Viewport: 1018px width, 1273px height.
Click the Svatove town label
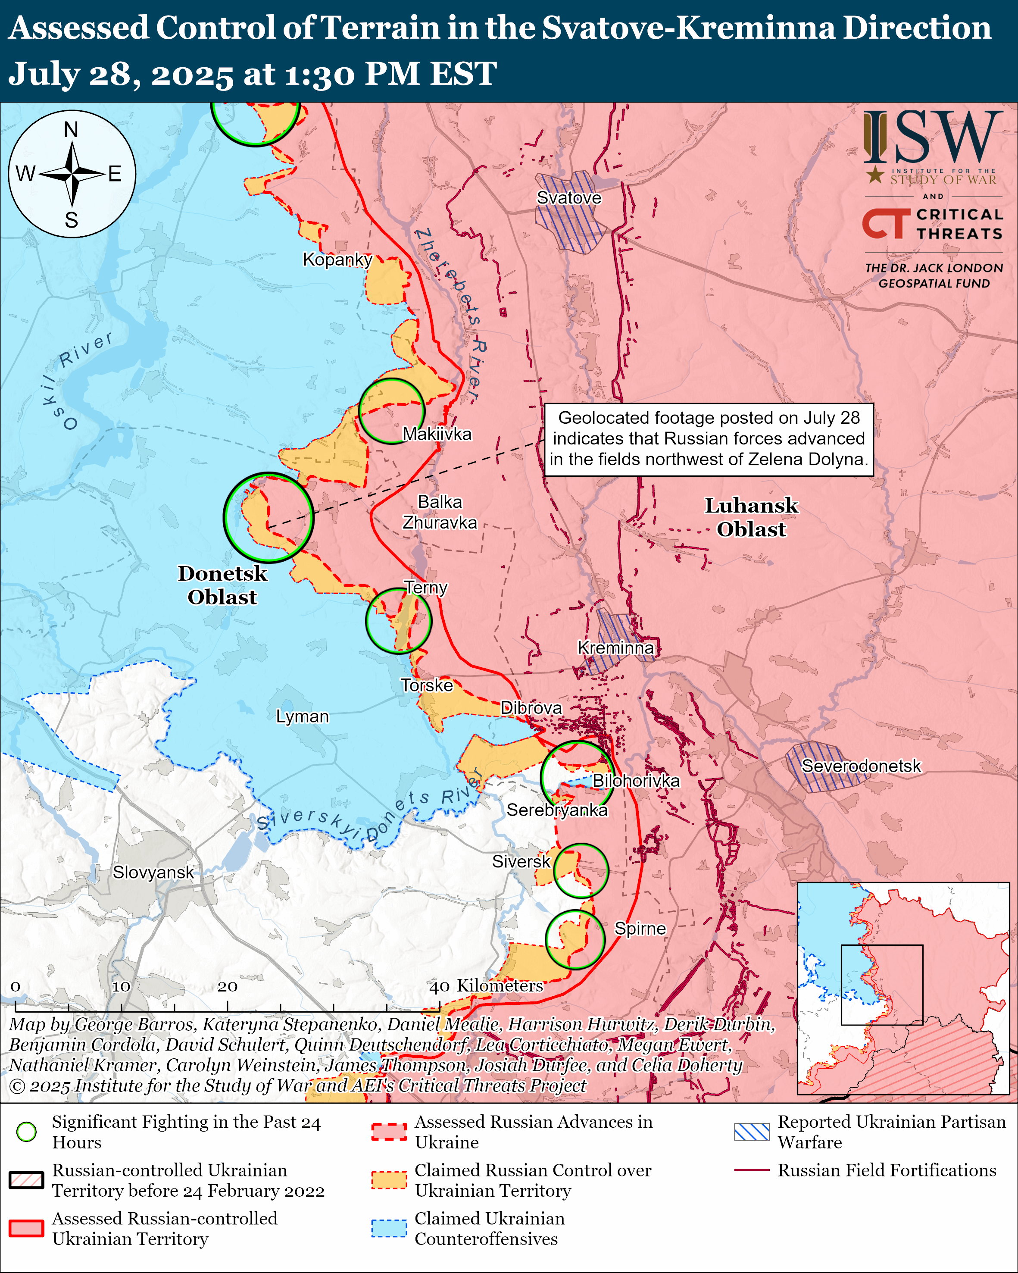coord(568,198)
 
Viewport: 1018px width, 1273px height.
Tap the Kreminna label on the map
coord(615,648)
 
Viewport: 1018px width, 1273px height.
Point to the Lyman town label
coord(302,716)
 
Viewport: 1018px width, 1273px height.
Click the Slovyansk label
coord(153,872)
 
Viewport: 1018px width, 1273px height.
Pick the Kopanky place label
coord(337,259)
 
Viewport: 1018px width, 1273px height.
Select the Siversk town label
coord(521,861)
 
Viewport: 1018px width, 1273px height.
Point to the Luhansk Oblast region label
coord(751,517)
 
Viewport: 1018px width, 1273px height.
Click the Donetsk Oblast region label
coord(222,585)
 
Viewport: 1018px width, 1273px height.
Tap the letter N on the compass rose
coord(72,129)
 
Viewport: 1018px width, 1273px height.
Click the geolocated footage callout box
coord(708,439)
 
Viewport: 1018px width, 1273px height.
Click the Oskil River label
coord(77,378)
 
